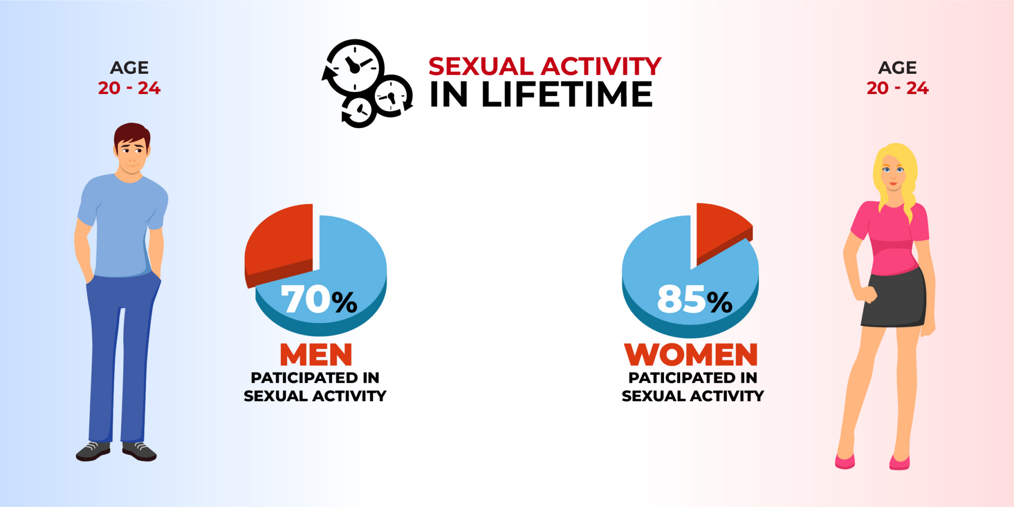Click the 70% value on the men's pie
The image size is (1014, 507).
pyautogui.click(x=319, y=300)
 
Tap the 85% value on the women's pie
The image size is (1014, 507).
pyautogui.click(x=694, y=300)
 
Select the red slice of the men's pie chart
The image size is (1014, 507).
pyautogui.click(x=280, y=242)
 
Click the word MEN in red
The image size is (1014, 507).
pyautogui.click(x=316, y=355)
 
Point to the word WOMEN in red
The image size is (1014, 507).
pyautogui.click(x=691, y=355)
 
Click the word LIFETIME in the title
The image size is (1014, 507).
pyautogui.click(x=567, y=94)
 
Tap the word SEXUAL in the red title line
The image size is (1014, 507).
pyautogui.click(x=481, y=66)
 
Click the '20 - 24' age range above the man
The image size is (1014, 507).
pyautogui.click(x=129, y=88)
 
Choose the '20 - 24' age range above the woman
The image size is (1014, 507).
pyautogui.click(x=897, y=88)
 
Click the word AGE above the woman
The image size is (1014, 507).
pyautogui.click(x=897, y=67)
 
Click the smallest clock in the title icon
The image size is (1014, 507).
pyautogui.click(x=359, y=111)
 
